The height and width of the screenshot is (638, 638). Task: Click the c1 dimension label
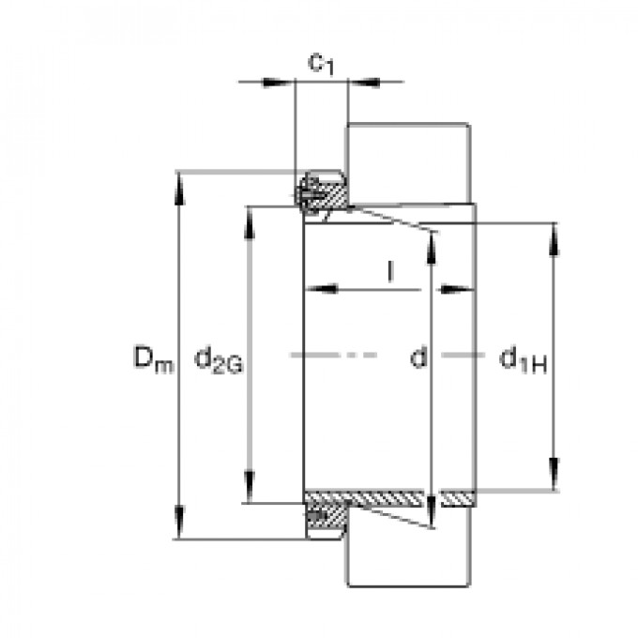[x=322, y=64]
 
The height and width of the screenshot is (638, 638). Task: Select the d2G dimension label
[x=219, y=358]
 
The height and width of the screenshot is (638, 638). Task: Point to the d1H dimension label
[x=523, y=357]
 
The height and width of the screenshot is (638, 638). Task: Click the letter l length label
[x=389, y=272]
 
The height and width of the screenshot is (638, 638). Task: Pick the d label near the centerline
[x=419, y=357]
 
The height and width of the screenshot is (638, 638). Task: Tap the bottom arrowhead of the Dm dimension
[x=178, y=526]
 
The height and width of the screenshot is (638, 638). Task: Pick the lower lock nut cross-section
[x=324, y=519]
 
